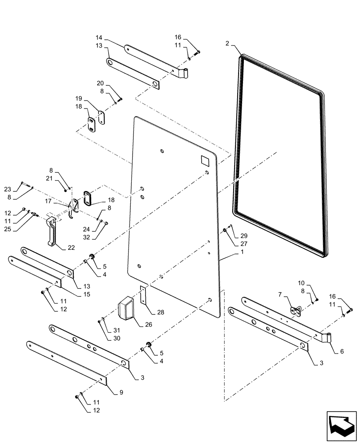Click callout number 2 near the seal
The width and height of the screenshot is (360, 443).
click(227, 43)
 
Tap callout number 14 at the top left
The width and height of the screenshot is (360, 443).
click(99, 39)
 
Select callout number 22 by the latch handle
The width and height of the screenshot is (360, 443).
click(71, 248)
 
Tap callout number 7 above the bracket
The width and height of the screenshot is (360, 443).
click(280, 294)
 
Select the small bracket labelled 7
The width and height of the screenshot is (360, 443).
click(296, 311)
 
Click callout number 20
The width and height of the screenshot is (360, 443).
click(101, 83)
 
